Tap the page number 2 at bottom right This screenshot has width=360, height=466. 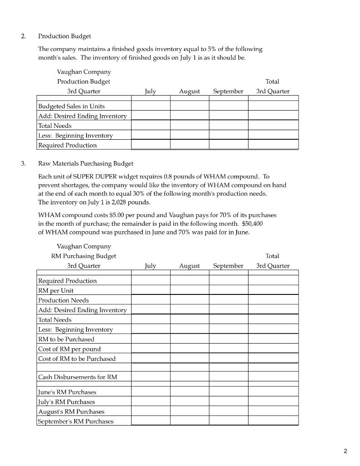[345, 451]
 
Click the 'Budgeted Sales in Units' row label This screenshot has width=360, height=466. [71, 106]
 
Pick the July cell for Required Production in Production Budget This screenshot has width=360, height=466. [151, 145]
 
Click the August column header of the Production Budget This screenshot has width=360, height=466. [189, 91]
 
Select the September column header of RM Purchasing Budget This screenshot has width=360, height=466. [228, 266]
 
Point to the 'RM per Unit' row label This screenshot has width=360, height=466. [56, 290]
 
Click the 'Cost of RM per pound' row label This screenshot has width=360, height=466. [70, 349]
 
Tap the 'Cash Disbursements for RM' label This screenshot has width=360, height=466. [77, 377]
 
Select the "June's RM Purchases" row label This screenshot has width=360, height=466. [67, 392]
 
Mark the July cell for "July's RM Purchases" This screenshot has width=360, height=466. [151, 402]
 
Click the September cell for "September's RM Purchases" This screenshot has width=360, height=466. [228, 421]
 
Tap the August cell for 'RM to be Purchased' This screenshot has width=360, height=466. [189, 339]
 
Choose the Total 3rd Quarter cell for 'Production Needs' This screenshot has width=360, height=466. [273, 300]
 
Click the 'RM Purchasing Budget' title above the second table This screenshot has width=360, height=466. [84, 256]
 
